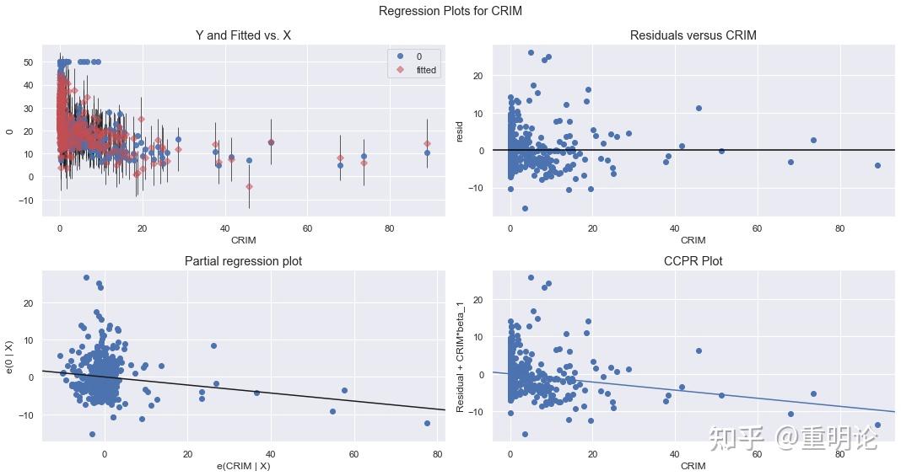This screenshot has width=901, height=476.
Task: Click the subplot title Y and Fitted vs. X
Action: [243, 35]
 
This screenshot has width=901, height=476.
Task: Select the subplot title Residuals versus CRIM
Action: [693, 35]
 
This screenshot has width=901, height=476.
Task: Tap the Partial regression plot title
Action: [243, 261]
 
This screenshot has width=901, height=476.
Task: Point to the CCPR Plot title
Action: [693, 261]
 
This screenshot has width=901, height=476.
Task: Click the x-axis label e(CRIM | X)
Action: [243, 466]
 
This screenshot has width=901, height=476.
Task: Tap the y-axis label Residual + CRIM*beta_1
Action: [461, 356]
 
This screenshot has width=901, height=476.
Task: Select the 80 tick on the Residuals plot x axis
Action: [839, 228]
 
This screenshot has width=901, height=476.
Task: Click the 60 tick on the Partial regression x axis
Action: [353, 454]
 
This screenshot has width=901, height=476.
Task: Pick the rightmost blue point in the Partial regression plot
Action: [427, 423]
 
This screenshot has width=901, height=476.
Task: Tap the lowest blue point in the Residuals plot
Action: [525, 208]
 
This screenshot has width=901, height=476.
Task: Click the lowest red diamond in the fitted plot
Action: [249, 186]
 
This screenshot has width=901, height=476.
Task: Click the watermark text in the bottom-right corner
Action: [793, 437]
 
